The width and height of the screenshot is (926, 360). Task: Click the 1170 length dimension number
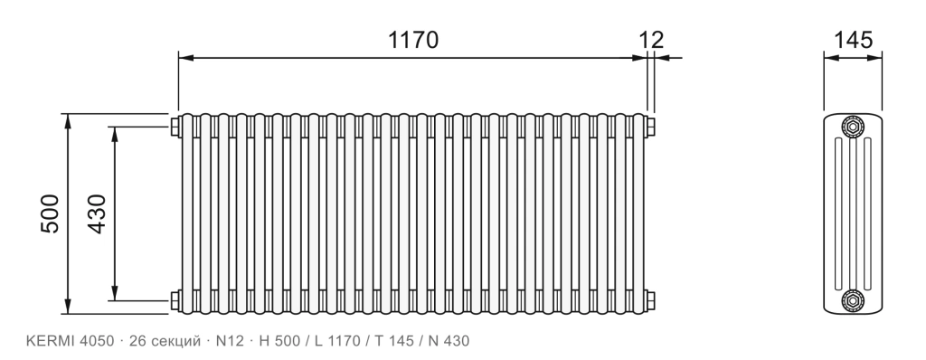click(413, 40)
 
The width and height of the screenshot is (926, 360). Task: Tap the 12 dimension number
click(651, 40)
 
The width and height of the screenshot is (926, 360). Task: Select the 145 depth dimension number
click(852, 40)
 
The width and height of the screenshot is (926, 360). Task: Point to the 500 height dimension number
click(51, 213)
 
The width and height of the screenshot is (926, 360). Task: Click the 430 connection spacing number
click(97, 213)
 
